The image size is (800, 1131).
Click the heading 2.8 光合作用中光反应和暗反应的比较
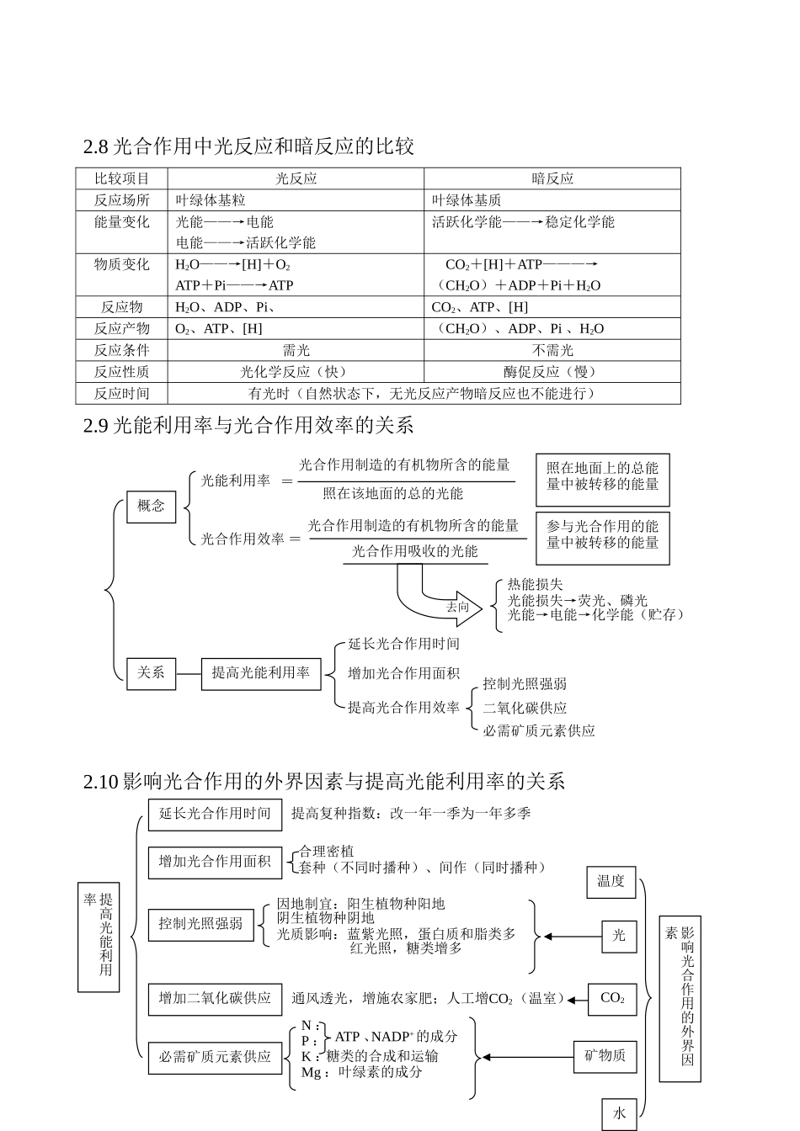coord(248,146)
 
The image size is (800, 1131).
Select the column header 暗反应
coord(552,178)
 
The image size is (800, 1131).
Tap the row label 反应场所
coord(122,200)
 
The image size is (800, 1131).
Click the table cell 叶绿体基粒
coord(211,200)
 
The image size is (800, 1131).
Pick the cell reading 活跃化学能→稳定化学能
coord(523,222)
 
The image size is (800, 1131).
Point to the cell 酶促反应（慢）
coord(552,372)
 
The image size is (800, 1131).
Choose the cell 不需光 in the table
coord(552,350)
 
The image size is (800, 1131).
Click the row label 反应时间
coord(122,393)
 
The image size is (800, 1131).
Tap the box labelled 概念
coord(152,506)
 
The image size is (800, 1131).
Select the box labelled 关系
coord(152,673)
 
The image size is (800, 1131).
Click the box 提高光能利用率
coord(261,673)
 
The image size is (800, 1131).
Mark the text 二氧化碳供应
coord(525,709)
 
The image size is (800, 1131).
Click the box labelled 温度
coord(611,881)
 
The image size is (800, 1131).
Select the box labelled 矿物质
coord(605,1056)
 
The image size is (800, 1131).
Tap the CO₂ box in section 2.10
coord(612,999)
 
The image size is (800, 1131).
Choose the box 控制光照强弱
coord(200,924)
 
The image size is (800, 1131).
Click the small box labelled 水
coord(619,1113)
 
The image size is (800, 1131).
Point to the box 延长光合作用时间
coord(215,813)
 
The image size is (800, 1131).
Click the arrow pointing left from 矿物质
coord(526,1057)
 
